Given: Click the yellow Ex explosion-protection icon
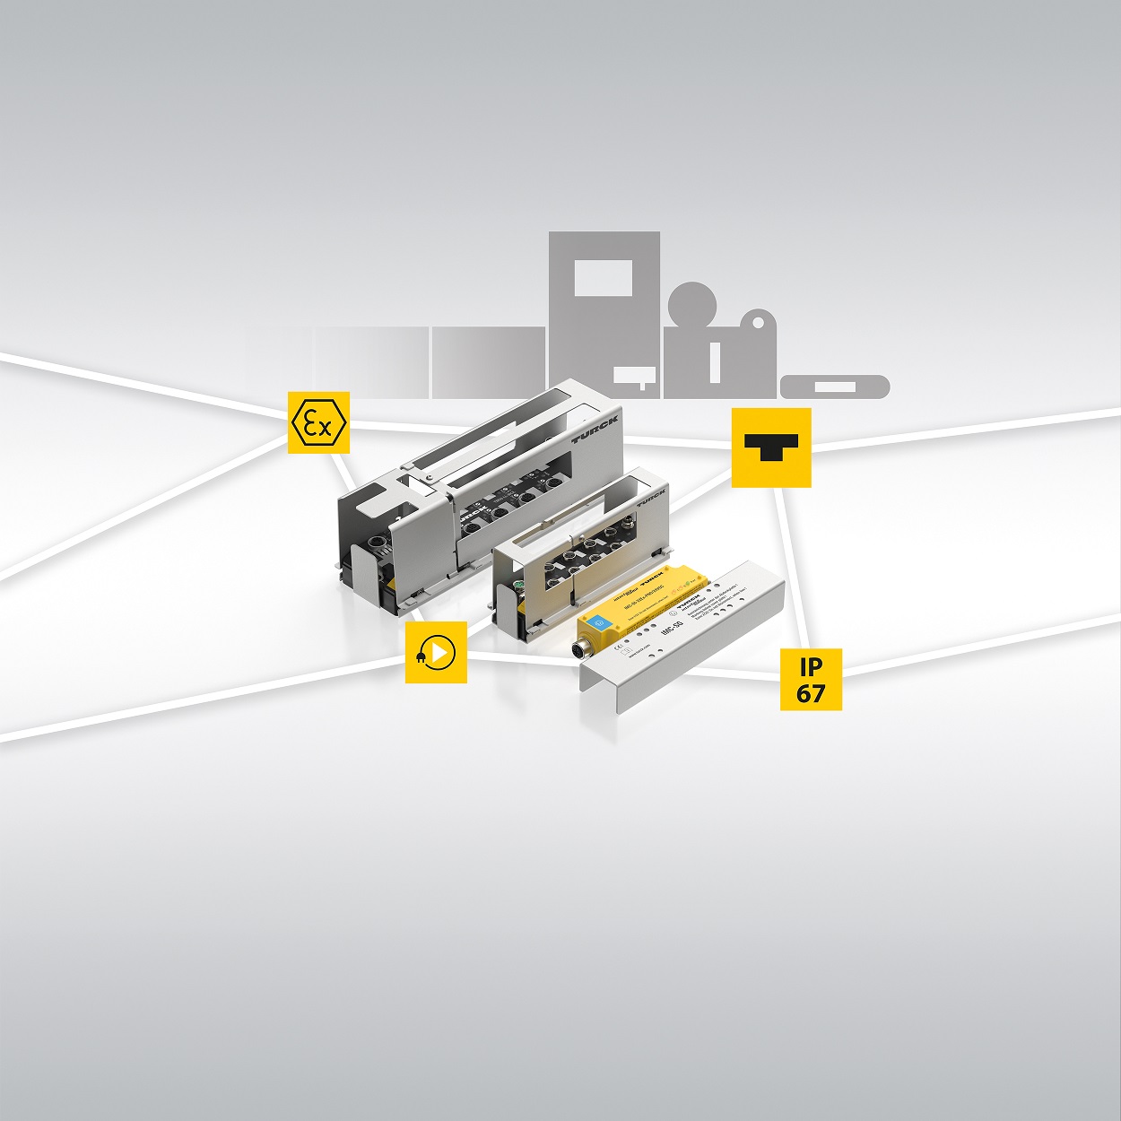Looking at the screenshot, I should pos(318,422).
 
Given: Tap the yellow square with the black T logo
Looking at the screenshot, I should pos(771,448).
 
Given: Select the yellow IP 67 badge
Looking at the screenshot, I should pos(811,680).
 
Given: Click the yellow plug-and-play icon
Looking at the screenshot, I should pos(436,652).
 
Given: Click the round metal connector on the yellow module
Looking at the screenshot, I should pos(583,652).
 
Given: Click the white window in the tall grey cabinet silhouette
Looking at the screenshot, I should pos(603,278).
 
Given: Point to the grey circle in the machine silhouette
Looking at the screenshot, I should pos(692,306).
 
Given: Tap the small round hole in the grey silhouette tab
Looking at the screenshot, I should pos(759,321).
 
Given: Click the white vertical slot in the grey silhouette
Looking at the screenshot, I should pos(715,360).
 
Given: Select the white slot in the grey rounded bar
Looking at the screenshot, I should pos(834,387).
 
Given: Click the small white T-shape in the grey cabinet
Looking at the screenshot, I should pos(635,376).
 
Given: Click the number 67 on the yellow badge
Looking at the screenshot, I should pos(811,693).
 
